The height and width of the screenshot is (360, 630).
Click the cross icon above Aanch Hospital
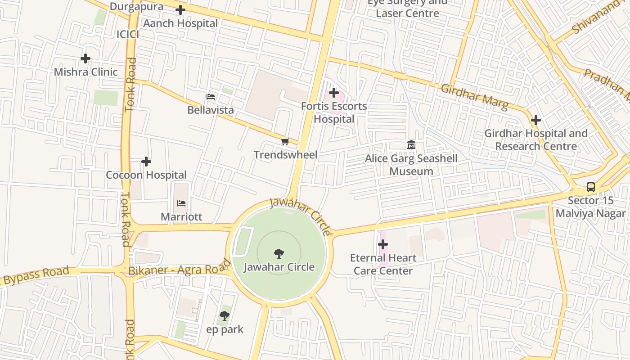180,10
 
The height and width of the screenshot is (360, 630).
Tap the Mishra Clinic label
85,72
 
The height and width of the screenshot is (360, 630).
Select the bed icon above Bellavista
210,96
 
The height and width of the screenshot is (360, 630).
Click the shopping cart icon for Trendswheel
285,142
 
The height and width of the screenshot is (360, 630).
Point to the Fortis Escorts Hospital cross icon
333,93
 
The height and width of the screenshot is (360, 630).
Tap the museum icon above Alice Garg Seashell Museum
411,145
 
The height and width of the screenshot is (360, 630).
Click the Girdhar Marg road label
474,97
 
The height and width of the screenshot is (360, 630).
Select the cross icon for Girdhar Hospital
535,120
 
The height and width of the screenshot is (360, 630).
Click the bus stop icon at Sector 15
590,187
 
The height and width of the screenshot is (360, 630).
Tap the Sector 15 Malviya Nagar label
590,207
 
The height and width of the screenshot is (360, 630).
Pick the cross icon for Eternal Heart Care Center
383,244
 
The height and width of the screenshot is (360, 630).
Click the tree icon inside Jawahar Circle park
279,254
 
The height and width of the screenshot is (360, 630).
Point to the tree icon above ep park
225,316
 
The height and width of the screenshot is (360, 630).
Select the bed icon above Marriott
181,203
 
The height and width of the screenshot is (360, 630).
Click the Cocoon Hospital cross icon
146,162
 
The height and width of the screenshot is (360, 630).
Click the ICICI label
128,35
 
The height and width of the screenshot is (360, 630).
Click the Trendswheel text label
285,155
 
